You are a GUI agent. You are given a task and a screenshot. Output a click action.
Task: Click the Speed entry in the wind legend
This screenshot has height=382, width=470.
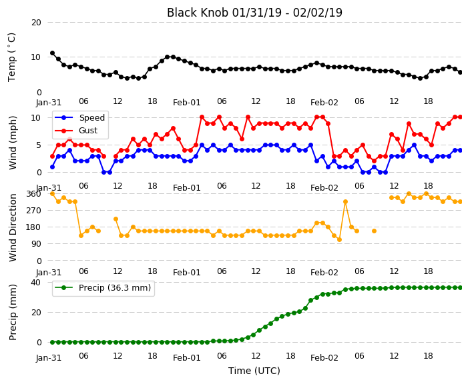pyautogui.click(x=91, y=117)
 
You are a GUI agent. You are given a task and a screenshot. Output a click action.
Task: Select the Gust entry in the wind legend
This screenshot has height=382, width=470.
pyautogui.click(x=88, y=131)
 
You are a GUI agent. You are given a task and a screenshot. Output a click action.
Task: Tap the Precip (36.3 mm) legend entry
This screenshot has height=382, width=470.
pyautogui.click(x=115, y=288)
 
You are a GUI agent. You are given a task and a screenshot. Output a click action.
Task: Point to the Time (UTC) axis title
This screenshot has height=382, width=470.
pyautogui.click(x=254, y=371)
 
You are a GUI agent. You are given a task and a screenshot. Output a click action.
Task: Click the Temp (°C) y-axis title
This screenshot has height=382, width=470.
pyautogui.click(x=12, y=57)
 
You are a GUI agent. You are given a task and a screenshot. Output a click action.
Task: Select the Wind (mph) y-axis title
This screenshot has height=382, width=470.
pyautogui.click(x=13, y=143)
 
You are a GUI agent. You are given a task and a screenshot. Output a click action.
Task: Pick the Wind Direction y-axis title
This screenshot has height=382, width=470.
pyautogui.click(x=13, y=227)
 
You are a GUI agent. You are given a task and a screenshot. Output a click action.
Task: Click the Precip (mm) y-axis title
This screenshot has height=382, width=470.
pyautogui.click(x=13, y=312)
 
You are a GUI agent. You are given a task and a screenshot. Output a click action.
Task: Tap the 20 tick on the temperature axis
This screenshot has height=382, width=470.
pyautogui.click(x=36, y=23)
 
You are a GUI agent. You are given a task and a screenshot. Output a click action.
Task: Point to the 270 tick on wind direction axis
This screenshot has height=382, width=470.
pyautogui.click(x=34, y=211)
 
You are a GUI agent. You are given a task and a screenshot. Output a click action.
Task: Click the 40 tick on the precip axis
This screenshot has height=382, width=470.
pyautogui.click(x=36, y=282)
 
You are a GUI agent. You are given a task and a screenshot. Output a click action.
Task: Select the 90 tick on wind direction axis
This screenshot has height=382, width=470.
pyautogui.click(x=36, y=244)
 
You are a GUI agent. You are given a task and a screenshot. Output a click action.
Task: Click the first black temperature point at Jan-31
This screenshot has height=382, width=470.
pyautogui.click(x=53, y=53)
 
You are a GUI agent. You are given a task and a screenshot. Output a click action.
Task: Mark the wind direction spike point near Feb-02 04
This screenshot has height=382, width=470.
pyautogui.click(x=345, y=202)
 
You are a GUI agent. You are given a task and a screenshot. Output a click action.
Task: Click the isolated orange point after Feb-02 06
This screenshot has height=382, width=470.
pyautogui.click(x=374, y=231)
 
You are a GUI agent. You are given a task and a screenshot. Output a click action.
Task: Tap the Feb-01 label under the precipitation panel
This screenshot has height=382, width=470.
pyautogui.click(x=187, y=358)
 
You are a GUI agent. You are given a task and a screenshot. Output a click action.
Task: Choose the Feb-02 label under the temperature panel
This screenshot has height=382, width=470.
pyautogui.click(x=324, y=103)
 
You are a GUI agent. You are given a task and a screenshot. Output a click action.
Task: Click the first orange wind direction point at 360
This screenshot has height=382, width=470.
pyautogui.click(x=53, y=194)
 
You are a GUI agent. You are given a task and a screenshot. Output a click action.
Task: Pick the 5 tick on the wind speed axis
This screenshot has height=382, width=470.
pyautogui.click(x=39, y=145)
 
